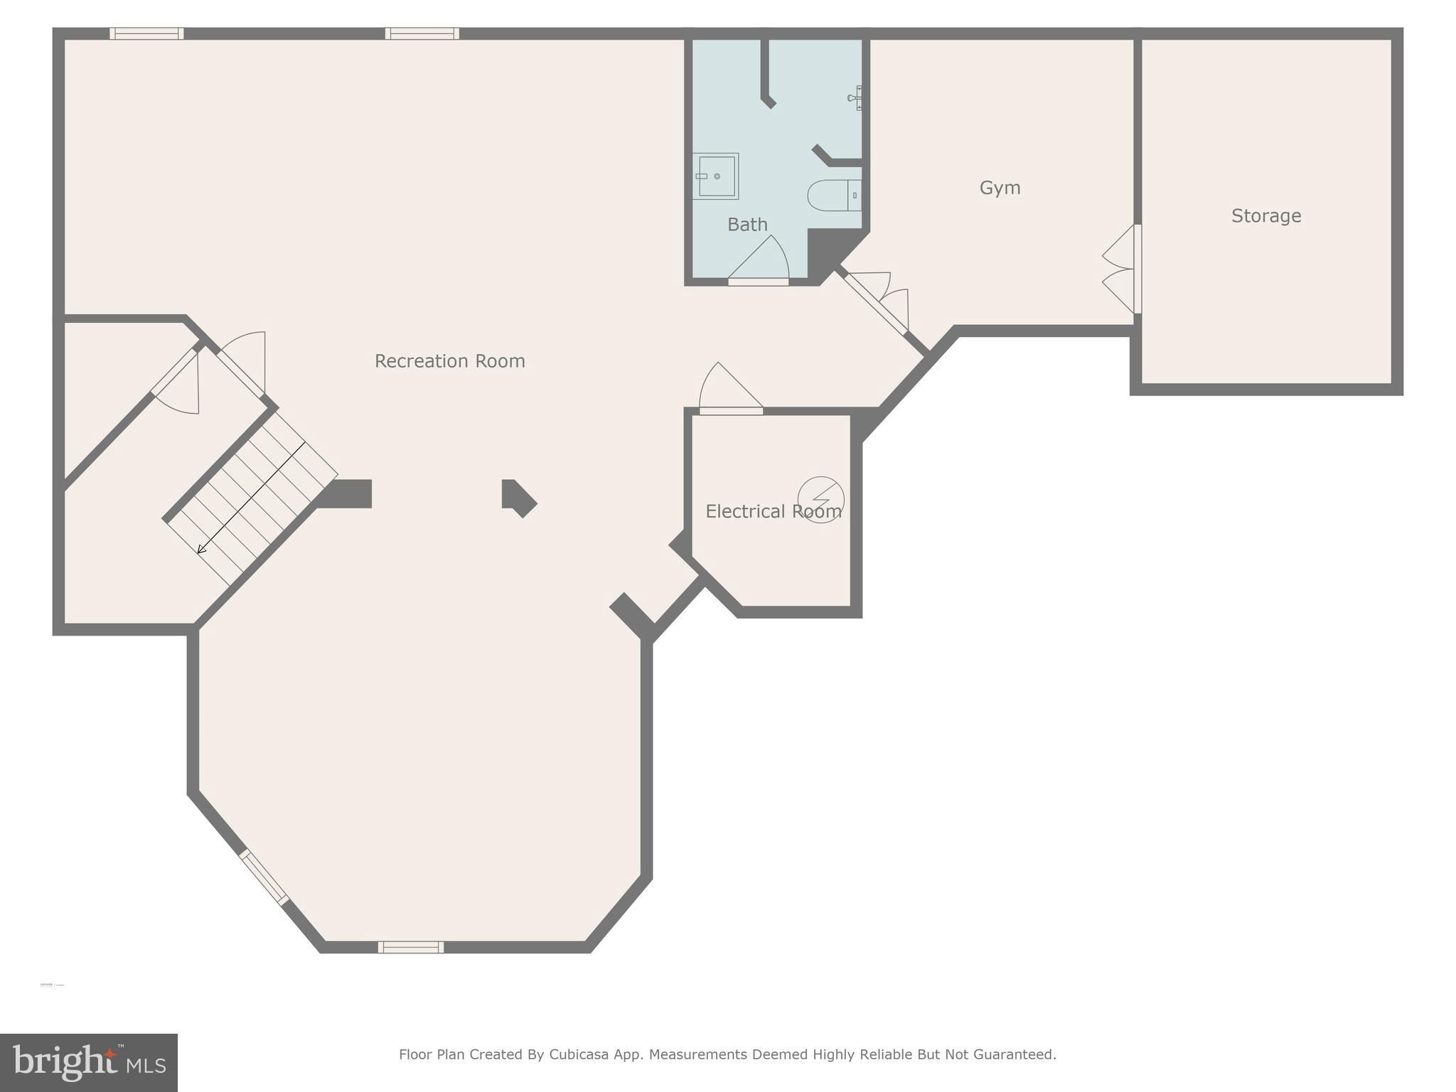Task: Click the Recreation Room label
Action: tap(449, 361)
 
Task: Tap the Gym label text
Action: tap(1000, 188)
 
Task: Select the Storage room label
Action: tap(1265, 215)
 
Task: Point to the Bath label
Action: tap(747, 225)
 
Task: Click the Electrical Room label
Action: tap(773, 511)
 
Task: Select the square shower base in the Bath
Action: tap(716, 176)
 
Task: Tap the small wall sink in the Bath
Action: tap(856, 98)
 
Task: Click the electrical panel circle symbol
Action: tap(821, 499)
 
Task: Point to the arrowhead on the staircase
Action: tap(202, 548)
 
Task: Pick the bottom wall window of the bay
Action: tap(410, 947)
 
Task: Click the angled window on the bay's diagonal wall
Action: tap(264, 877)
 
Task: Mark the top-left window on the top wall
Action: tap(146, 33)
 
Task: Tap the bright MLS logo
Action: tap(88, 1062)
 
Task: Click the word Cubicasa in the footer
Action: tap(579, 1054)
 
